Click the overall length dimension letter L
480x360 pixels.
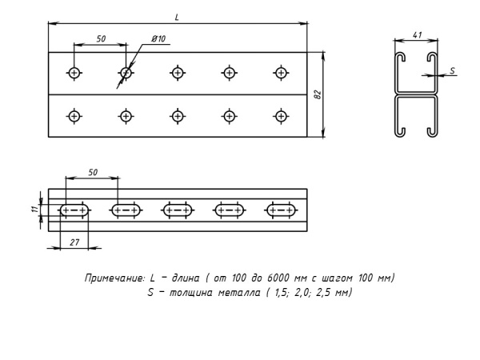(177, 16)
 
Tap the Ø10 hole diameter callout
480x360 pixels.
(158, 38)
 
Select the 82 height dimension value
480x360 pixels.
(318, 96)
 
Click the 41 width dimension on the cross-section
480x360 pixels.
(418, 36)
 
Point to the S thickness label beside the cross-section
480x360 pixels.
(452, 70)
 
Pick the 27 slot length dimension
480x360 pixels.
(74, 240)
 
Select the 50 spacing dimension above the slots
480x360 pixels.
(92, 172)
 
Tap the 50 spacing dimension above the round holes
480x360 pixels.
(100, 38)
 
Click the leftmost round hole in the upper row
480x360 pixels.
(74, 74)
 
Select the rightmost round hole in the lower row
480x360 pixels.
(281, 116)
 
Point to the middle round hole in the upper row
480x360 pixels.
(178, 74)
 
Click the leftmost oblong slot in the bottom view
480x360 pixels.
(74, 211)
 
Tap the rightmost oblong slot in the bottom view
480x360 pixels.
(281, 211)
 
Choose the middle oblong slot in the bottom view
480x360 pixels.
(178, 211)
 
